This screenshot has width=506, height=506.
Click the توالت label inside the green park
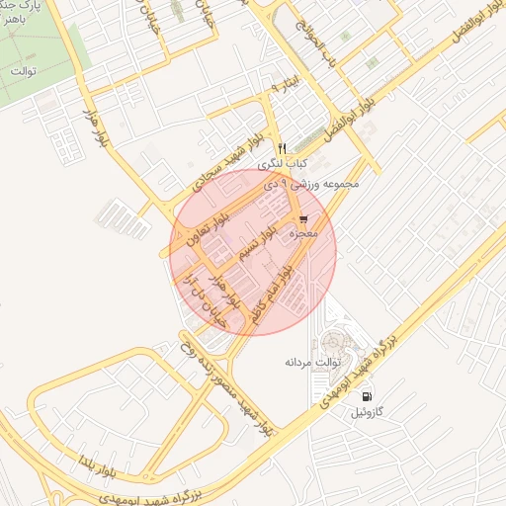coord(22,71)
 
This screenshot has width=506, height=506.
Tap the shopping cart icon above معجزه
coord(303,219)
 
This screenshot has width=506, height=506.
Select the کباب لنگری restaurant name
coord(283,163)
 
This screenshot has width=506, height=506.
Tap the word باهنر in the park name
coord(11,31)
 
